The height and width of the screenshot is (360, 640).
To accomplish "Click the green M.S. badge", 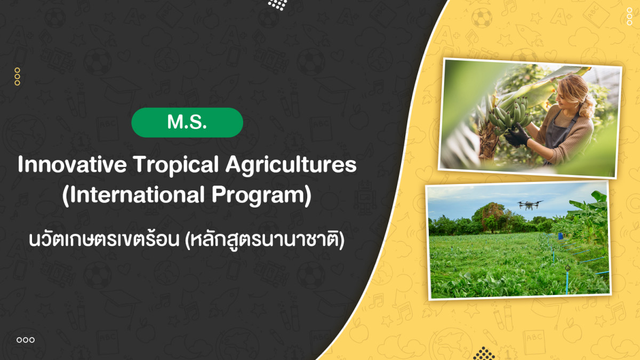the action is pos(187,122).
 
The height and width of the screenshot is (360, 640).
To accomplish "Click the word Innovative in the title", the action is pos(72,164).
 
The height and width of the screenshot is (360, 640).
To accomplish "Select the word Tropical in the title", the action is pos(176,166).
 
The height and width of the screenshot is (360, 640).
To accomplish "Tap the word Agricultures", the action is pos(291,166).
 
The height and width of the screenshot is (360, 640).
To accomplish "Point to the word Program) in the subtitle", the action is pos(261,196).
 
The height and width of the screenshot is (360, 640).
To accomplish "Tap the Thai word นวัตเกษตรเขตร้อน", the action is pos(104,239).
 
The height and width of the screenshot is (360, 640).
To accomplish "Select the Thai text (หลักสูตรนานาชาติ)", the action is pos(265,240).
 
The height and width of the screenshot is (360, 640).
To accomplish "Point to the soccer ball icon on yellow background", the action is pos(482,18).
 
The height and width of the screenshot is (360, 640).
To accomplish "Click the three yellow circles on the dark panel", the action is pos(17,77).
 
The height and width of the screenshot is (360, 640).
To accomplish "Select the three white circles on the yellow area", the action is pos(629,17).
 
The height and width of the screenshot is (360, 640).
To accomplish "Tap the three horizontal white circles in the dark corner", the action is pos(26,340).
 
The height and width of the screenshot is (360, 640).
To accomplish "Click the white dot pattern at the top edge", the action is pos(277,5).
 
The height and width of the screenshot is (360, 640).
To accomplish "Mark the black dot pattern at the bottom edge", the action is pos(484,354).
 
